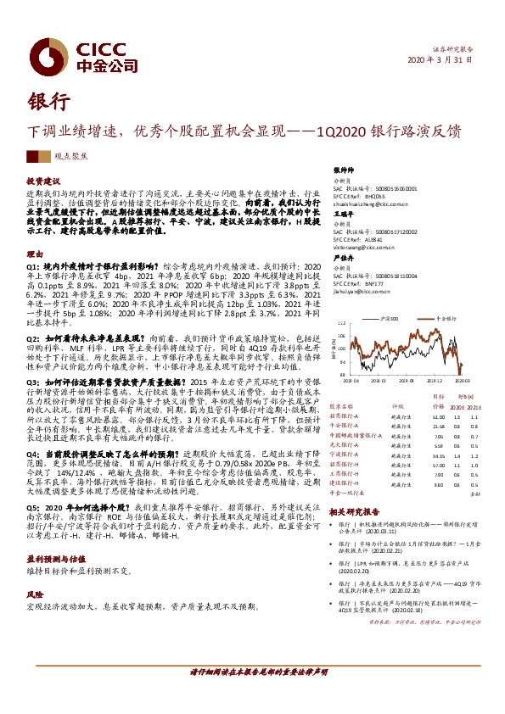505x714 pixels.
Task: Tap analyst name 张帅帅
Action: [343, 170]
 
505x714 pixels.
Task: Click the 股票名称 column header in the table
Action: [342, 407]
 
